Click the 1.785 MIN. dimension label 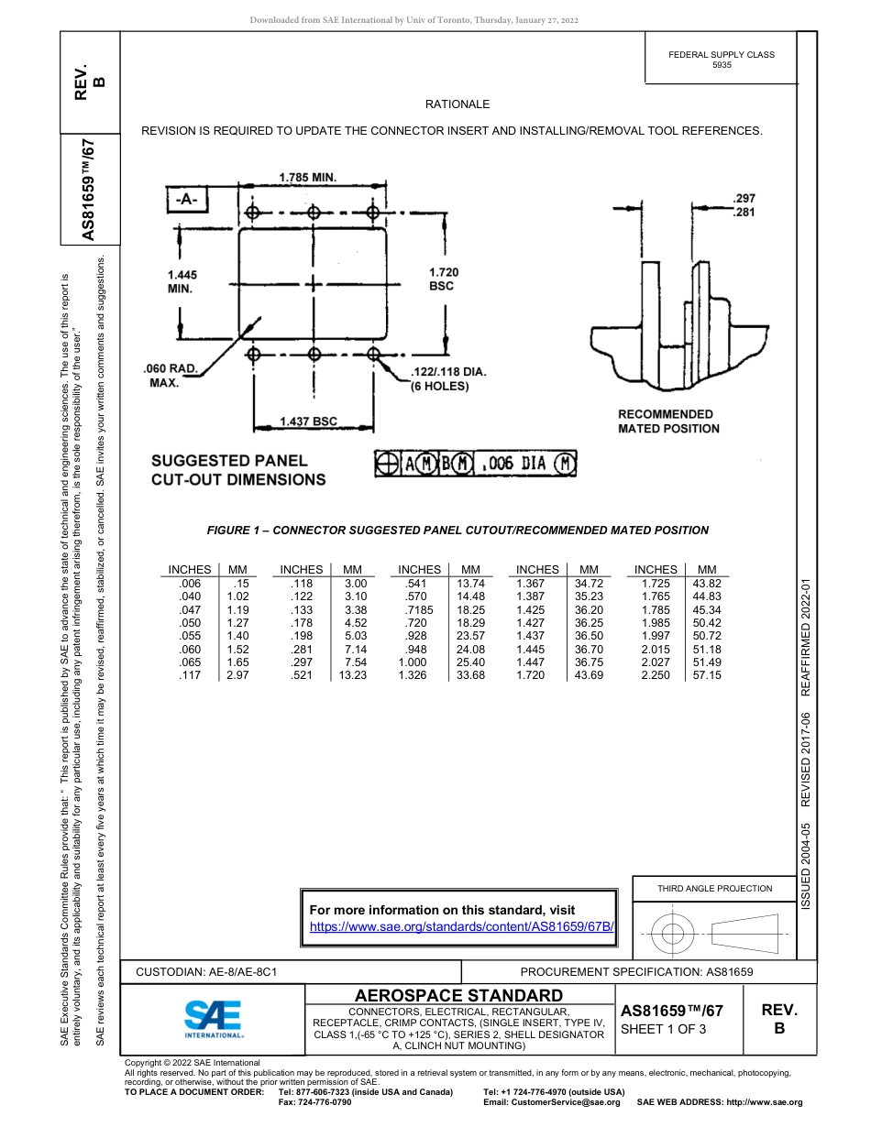point(307,176)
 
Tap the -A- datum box point(188,199)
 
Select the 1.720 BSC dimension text point(443,279)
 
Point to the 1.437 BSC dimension point(308,421)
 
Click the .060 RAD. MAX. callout point(171,376)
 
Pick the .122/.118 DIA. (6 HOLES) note point(448,378)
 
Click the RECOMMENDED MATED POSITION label point(668,421)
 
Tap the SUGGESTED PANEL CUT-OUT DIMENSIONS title point(237,470)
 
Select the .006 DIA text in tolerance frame point(514,465)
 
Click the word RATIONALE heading point(458,104)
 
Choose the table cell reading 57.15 point(706,675)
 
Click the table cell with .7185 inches point(419,609)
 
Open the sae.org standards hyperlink point(461,926)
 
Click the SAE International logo point(214,1018)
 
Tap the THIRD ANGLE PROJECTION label point(714,888)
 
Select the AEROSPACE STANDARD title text point(458,995)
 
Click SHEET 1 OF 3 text point(664,1028)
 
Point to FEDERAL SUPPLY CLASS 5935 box point(721,60)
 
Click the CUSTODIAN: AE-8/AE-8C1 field point(206,971)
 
